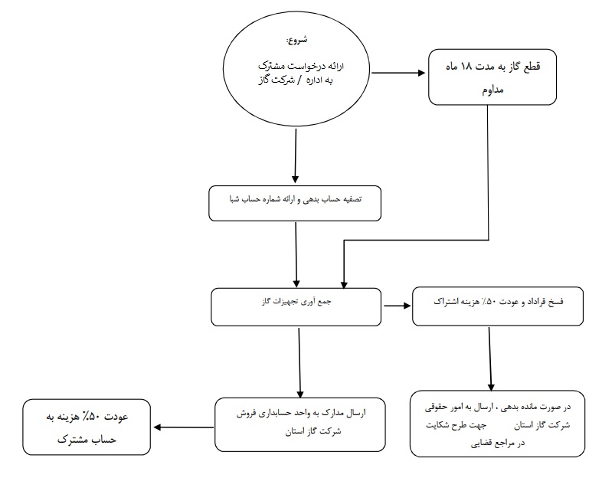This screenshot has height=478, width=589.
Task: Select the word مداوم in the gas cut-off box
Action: pyautogui.click(x=492, y=90)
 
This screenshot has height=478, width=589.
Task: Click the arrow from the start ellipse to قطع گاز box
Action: pyautogui.click(x=398, y=73)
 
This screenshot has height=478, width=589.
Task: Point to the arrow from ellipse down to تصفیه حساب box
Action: pyautogui.click(x=296, y=156)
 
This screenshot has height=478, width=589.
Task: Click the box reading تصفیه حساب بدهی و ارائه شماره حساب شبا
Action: pyautogui.click(x=295, y=203)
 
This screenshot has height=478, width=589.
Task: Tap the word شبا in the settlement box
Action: pyautogui.click(x=234, y=199)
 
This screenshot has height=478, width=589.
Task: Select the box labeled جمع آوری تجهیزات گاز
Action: pyautogui.click(x=296, y=306)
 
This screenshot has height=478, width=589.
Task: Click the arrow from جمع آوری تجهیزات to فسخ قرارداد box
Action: pyautogui.click(x=397, y=306)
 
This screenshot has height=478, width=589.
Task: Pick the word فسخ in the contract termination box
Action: pyautogui.click(x=556, y=301)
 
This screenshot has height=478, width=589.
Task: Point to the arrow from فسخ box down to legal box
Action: pyautogui.click(x=490, y=358)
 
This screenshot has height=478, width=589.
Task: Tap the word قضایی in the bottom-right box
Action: pyautogui.click(x=482, y=444)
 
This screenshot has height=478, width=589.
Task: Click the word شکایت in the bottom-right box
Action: pyautogui.click(x=436, y=425)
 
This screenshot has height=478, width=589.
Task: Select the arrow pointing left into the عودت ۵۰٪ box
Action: pyautogui.click(x=184, y=427)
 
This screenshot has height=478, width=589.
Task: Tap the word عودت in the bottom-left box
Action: pyautogui.click(x=116, y=417)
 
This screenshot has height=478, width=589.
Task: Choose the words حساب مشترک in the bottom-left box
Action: pyautogui.click(x=87, y=440)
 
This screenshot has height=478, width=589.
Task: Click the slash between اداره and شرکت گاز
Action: pyautogui.click(x=299, y=80)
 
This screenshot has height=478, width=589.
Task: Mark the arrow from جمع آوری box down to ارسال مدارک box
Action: pyautogui.click(x=299, y=362)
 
